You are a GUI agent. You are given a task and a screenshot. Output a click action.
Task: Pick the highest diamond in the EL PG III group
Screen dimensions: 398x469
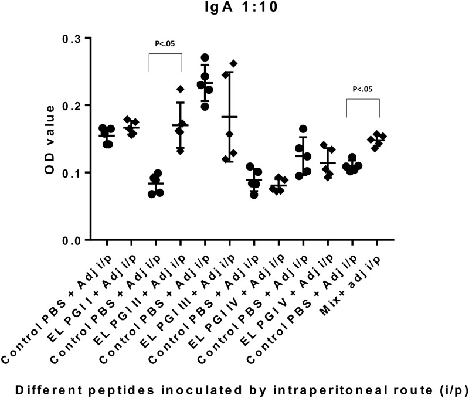click(x=233, y=63)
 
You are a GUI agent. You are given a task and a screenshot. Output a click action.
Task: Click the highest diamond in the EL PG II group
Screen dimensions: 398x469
click(x=181, y=89)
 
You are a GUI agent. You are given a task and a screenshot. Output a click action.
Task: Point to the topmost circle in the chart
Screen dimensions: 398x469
click(x=205, y=57)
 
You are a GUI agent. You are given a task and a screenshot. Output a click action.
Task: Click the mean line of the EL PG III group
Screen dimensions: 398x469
click(x=229, y=117)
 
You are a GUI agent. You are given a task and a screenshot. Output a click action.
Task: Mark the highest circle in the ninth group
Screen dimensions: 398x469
click(x=303, y=129)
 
